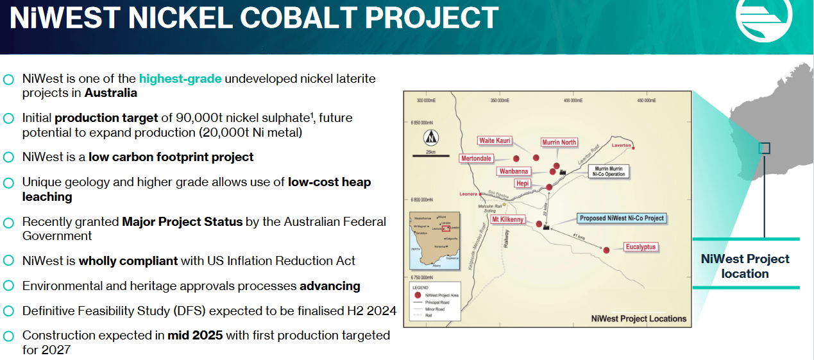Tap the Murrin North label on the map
(559, 142)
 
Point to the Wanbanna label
(514, 171)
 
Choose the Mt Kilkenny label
(508, 219)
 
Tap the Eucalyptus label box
(641, 247)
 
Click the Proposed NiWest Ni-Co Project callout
(621, 218)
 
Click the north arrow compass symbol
(430, 137)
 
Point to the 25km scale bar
(430, 155)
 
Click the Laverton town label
(620, 146)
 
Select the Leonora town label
(469, 194)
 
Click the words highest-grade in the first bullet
(180, 79)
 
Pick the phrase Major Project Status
(182, 221)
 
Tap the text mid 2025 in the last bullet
(195, 335)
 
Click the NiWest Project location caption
(745, 266)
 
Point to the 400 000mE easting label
(572, 101)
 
